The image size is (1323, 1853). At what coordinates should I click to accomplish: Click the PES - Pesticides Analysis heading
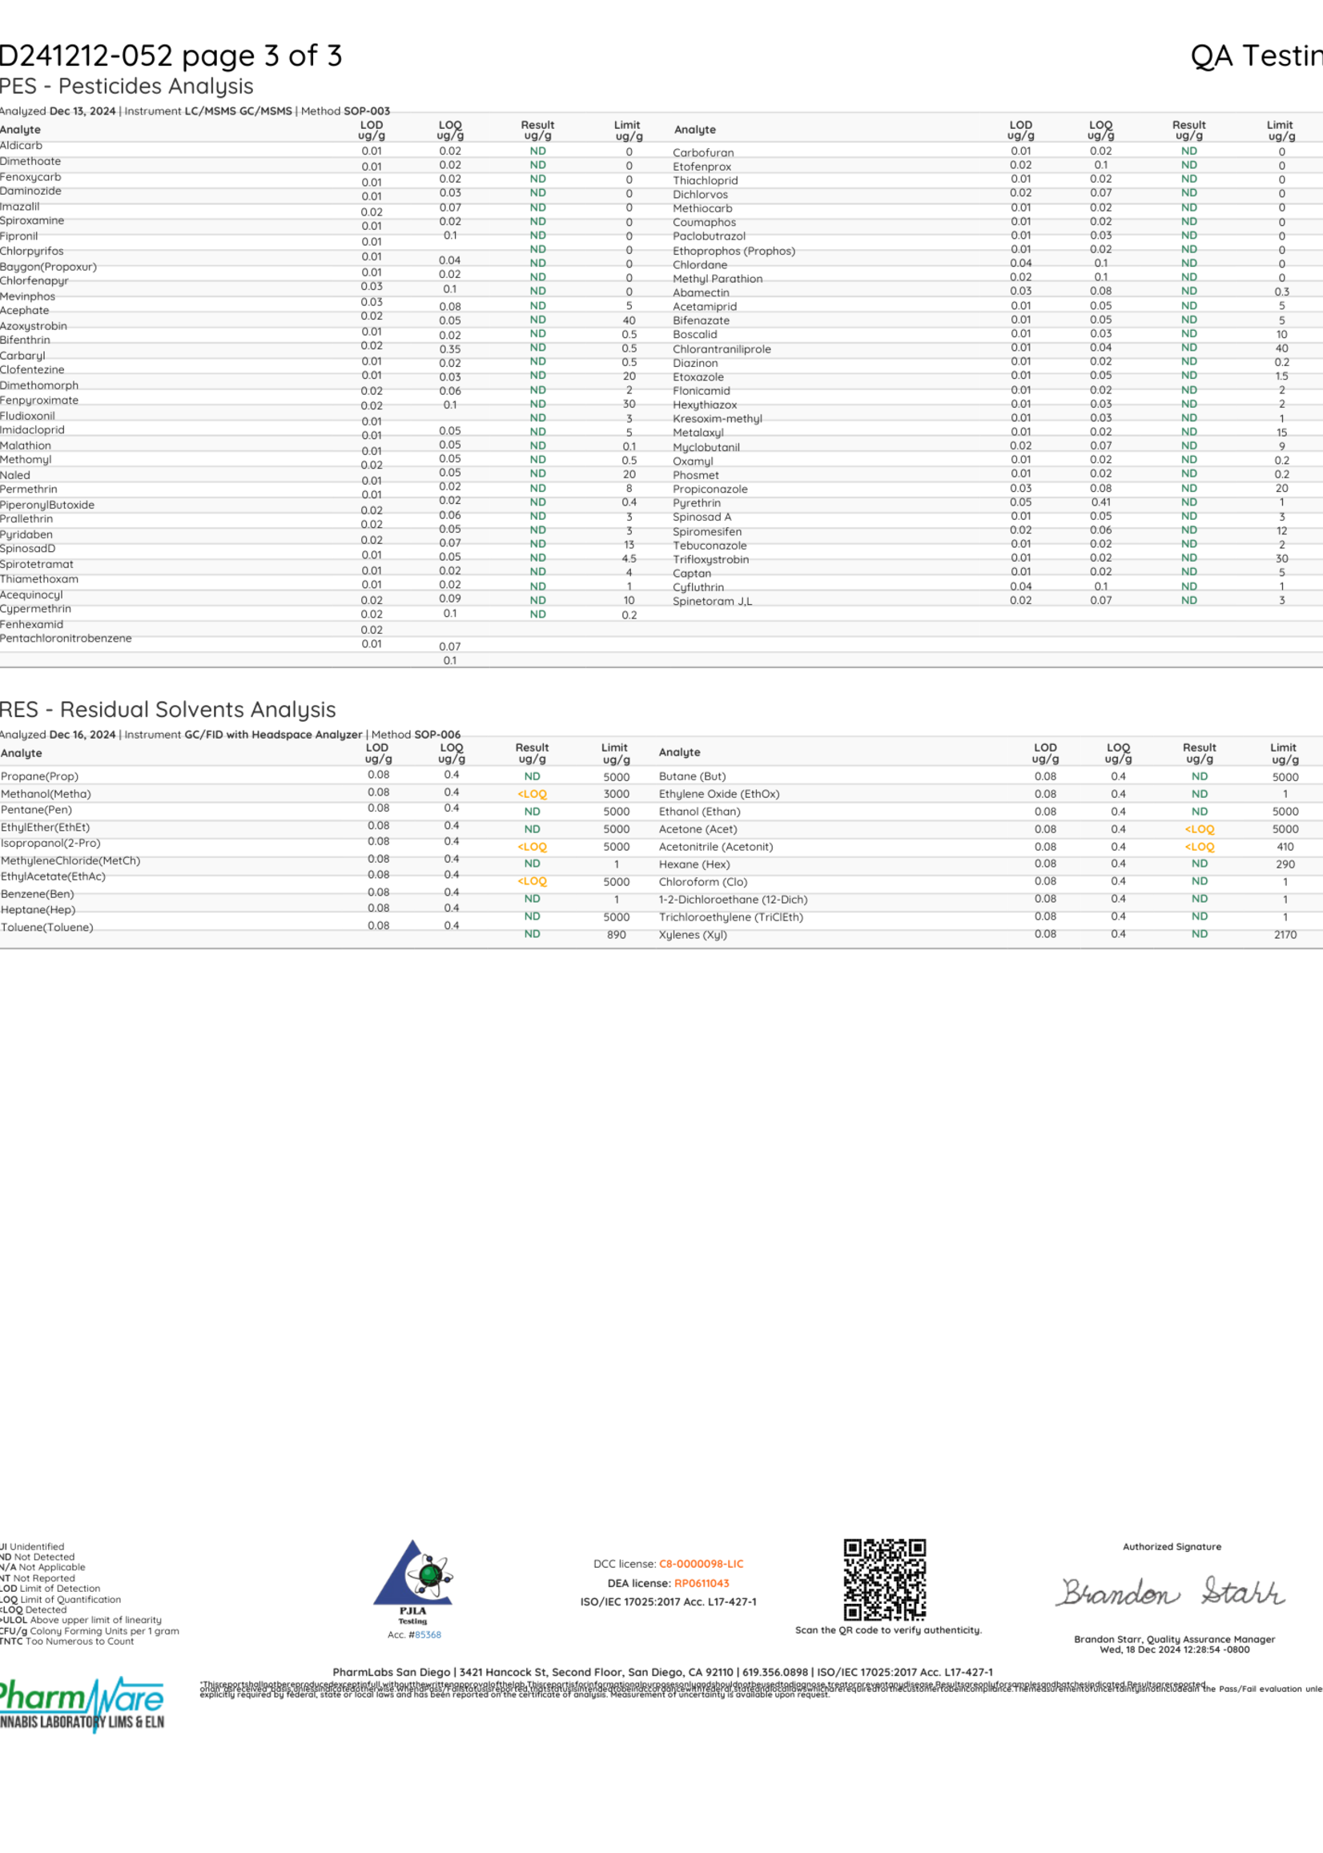pyautogui.click(x=127, y=87)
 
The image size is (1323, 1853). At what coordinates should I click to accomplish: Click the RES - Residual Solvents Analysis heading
pyautogui.click(x=168, y=710)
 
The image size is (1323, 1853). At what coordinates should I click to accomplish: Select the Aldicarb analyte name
pyautogui.click(x=21, y=146)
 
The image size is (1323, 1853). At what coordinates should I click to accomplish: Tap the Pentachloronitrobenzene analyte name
pyautogui.click(x=66, y=638)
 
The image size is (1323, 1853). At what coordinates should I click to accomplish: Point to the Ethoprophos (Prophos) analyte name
pyautogui.click(x=734, y=251)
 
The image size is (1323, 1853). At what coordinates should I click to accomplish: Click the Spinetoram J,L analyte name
pyautogui.click(x=712, y=602)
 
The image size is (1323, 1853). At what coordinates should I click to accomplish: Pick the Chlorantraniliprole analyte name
pyautogui.click(x=721, y=348)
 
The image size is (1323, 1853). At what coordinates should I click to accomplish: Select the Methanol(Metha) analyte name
pyautogui.click(x=46, y=794)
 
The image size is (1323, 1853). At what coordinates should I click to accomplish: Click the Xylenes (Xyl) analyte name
pyautogui.click(x=693, y=935)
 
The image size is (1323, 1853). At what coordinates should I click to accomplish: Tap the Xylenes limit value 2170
pyautogui.click(x=1285, y=935)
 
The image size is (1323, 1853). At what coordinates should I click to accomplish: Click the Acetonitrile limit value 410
pyautogui.click(x=1285, y=847)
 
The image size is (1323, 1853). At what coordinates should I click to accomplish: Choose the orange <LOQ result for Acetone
pyautogui.click(x=1199, y=829)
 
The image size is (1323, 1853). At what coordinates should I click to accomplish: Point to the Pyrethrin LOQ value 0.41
pyautogui.click(x=1100, y=502)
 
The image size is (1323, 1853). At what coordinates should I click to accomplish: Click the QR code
pyautogui.click(x=885, y=1580)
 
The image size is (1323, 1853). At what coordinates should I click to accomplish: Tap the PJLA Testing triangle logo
pyautogui.click(x=412, y=1573)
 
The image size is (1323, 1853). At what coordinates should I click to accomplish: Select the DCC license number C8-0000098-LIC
pyautogui.click(x=701, y=1564)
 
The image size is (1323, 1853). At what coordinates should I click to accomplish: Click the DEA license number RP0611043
pyautogui.click(x=702, y=1583)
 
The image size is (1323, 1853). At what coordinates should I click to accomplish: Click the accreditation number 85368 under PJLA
pyautogui.click(x=428, y=1634)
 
